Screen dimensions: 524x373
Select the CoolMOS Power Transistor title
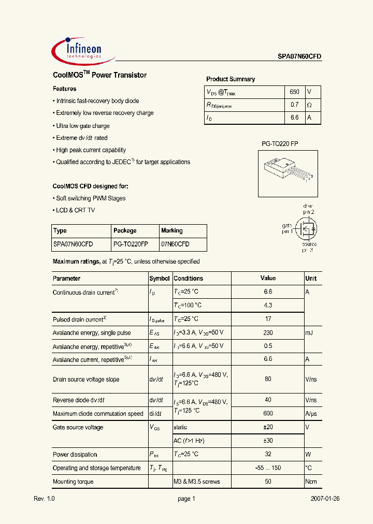tap(99, 75)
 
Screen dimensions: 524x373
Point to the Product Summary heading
tap(231, 79)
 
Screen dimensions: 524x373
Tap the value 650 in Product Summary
tap(294, 92)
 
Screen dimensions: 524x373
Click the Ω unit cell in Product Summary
tap(310, 105)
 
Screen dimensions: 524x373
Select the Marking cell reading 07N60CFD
tap(175, 244)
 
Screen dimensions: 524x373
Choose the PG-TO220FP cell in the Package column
tap(131, 244)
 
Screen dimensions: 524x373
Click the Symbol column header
tap(160, 279)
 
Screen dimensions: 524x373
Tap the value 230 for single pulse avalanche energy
tap(268, 333)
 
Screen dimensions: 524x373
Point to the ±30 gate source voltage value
tap(268, 441)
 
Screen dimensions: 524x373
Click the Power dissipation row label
tap(75, 455)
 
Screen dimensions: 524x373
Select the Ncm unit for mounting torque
tap(311, 482)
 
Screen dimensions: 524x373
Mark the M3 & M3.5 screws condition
tap(197, 482)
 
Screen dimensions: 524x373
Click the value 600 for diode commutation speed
tap(268, 414)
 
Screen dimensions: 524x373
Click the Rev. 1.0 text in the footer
tap(44, 499)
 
